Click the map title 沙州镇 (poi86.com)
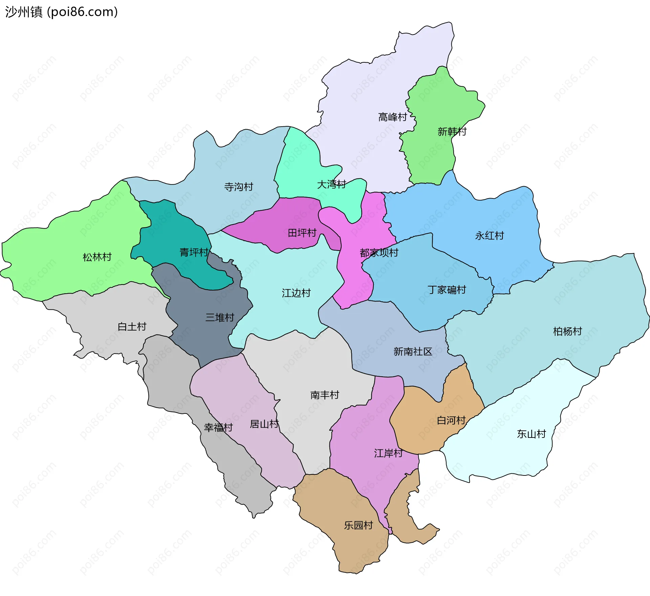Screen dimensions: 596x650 (x=61, y=12)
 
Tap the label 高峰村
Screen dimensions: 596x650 (x=392, y=117)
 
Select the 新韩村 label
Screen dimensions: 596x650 (x=452, y=131)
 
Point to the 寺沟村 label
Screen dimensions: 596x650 (x=239, y=187)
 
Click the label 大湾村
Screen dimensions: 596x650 (x=331, y=185)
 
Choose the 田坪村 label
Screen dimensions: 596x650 (x=302, y=233)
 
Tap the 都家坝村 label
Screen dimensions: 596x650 (x=379, y=253)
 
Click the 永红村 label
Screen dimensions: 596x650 (x=490, y=236)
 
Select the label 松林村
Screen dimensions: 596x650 (x=97, y=257)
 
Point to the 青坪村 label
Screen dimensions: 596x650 (x=194, y=252)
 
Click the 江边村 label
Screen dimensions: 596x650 (x=296, y=293)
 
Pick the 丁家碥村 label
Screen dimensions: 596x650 (x=447, y=290)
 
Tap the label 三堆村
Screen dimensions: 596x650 (x=220, y=318)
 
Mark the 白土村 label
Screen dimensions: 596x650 (x=132, y=327)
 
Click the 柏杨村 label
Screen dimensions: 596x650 (x=567, y=331)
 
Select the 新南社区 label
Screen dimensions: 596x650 (x=413, y=352)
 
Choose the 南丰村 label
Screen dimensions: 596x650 (x=325, y=395)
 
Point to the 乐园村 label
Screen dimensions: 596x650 (x=359, y=526)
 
